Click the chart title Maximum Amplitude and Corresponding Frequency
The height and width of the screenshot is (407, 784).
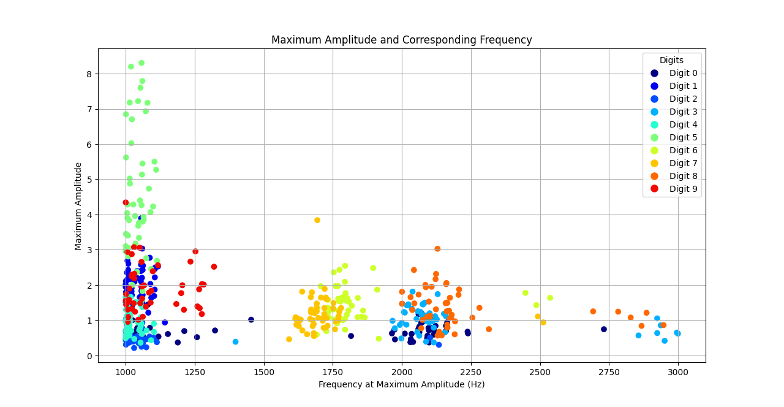[x=401, y=40]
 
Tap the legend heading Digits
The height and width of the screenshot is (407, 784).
[x=671, y=60]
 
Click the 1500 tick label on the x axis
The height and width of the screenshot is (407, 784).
[x=264, y=371]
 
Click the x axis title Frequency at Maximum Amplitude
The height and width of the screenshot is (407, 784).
[x=401, y=384]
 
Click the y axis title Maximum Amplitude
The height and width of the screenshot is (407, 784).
[x=78, y=206]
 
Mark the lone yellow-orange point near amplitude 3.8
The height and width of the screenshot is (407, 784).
[x=317, y=220]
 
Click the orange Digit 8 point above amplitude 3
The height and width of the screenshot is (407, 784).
[x=437, y=249]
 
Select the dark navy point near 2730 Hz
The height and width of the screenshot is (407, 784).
[x=603, y=329]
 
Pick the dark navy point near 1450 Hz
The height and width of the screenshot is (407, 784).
[x=251, y=320]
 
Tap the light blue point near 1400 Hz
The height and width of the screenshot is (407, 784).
[x=235, y=342]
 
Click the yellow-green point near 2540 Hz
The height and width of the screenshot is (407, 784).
[x=550, y=298]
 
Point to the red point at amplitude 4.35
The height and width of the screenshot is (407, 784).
[x=126, y=202]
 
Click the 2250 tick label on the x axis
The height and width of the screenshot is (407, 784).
[x=471, y=371]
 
